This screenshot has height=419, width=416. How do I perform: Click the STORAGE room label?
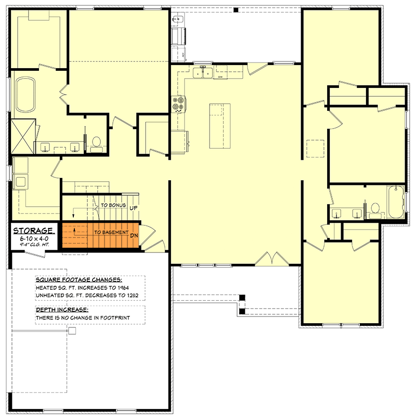(x=34, y=230)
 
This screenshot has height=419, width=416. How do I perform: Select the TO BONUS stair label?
(x=111, y=206)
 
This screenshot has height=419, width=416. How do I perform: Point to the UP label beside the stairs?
(x=133, y=208)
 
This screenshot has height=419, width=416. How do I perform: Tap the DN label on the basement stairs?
(x=134, y=235)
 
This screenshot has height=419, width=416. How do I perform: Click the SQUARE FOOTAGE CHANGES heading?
(x=79, y=280)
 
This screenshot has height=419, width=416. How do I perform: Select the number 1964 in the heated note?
(x=123, y=287)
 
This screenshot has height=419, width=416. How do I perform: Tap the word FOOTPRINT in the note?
(x=116, y=317)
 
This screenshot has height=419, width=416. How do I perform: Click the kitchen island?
(x=219, y=125)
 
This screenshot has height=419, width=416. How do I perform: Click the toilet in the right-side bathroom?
(x=374, y=210)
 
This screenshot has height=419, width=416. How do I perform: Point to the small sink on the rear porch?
(x=177, y=19)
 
